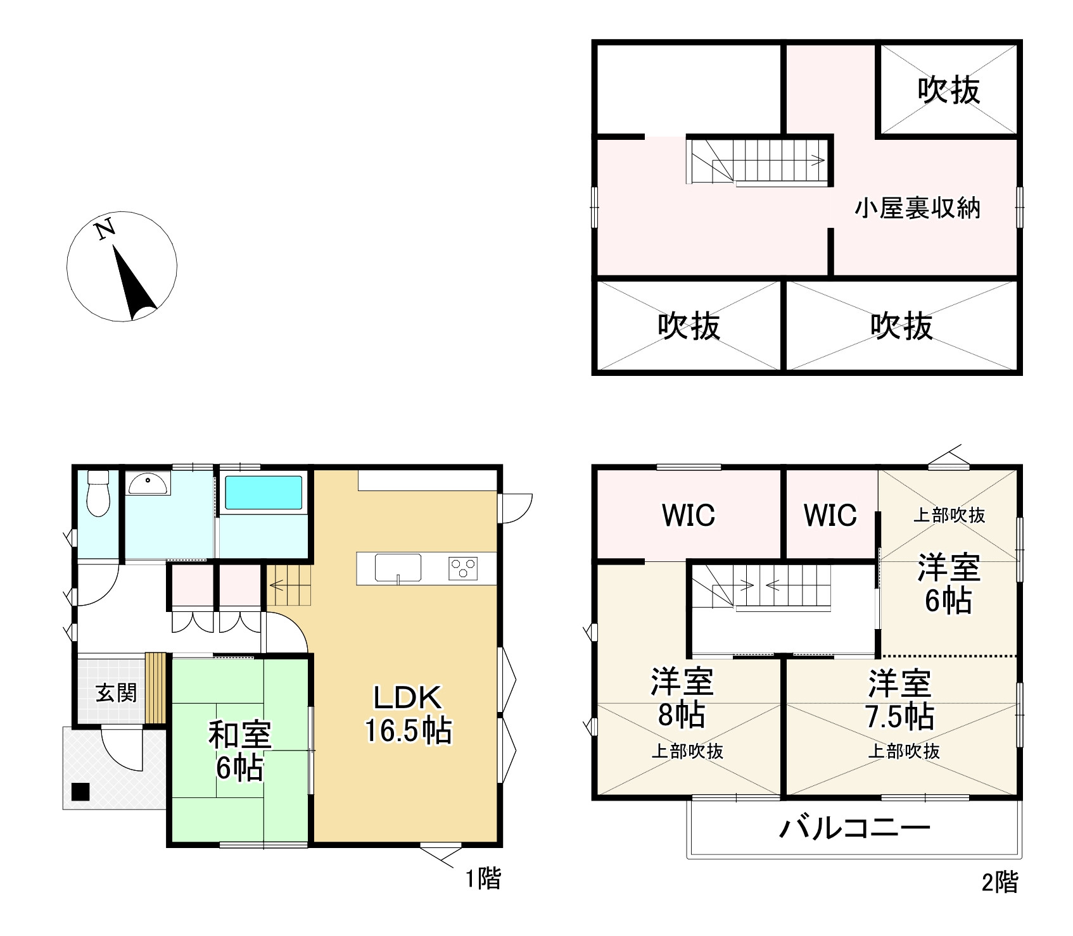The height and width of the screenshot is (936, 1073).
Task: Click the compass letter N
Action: (106, 228)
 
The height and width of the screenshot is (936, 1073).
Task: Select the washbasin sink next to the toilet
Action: (148, 484)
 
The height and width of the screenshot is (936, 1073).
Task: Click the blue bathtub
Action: (263, 492)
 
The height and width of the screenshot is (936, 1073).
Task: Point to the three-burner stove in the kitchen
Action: (463, 567)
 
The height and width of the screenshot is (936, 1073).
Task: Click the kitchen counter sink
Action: (398, 568)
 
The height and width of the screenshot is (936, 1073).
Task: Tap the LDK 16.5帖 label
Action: (407, 714)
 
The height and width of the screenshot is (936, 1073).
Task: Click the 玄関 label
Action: (116, 693)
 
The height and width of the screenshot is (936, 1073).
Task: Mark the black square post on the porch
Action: (80, 792)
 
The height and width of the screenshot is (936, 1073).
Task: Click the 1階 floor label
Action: (483, 878)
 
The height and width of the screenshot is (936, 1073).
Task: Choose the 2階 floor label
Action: (1000, 882)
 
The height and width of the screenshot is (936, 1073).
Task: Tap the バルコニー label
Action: (854, 828)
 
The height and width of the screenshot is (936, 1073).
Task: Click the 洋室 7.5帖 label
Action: (899, 699)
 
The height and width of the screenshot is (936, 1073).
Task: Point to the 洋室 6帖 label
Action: (949, 583)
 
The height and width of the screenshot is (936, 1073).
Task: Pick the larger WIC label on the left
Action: (689, 515)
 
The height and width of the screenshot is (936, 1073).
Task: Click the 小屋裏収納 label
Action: (917, 208)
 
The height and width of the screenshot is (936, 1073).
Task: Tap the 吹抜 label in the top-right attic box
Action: (948, 90)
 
